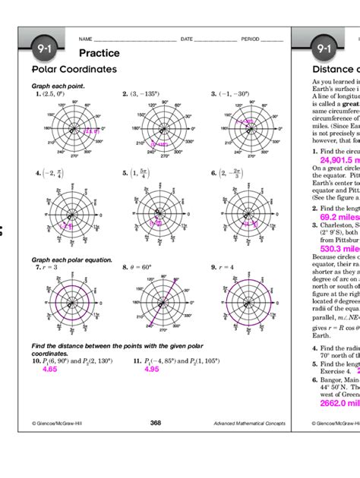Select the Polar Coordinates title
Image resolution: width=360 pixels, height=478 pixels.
[x=74, y=69]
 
